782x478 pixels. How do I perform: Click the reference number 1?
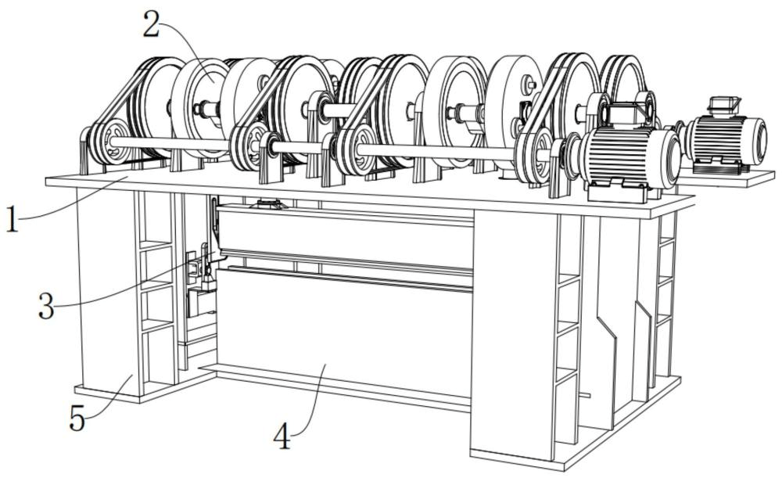12,220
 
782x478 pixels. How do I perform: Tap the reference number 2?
151,24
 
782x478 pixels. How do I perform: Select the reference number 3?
46,306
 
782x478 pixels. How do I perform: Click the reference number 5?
77,418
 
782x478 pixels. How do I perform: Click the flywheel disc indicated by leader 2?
202,108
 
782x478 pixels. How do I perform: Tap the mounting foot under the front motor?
619,192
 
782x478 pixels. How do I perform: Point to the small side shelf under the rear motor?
726,177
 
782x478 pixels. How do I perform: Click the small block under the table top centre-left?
269,204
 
